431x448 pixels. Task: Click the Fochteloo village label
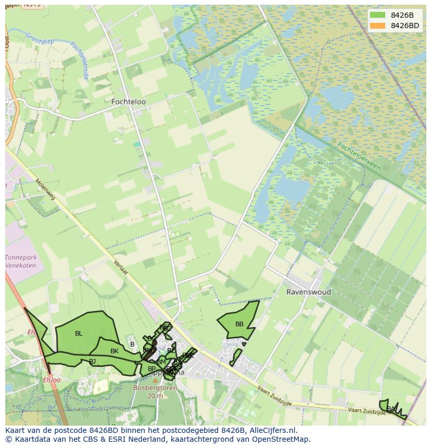click(x=129, y=102)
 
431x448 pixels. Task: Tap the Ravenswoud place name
click(x=308, y=292)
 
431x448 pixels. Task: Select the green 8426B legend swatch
click(x=377, y=15)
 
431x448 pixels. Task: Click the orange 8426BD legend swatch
click(x=377, y=25)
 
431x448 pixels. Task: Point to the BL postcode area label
click(x=79, y=334)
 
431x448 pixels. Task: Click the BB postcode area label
click(x=239, y=324)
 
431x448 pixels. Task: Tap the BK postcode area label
click(x=115, y=351)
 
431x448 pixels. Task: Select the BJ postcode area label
click(x=92, y=361)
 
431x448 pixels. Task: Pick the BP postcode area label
click(x=151, y=369)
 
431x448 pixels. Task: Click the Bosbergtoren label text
click(x=155, y=388)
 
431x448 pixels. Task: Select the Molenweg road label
click(x=45, y=190)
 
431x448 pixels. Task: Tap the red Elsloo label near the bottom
click(x=52, y=380)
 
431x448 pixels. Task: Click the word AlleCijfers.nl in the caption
click(x=273, y=430)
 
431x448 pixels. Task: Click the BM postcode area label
click(x=161, y=362)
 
